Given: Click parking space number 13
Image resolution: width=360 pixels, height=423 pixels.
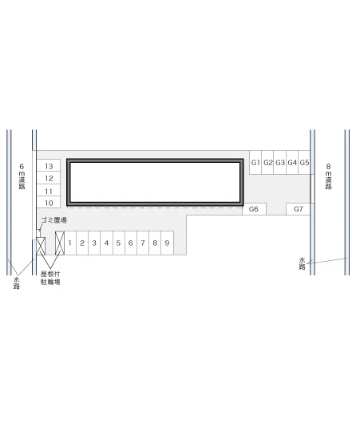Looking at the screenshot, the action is tap(49, 165).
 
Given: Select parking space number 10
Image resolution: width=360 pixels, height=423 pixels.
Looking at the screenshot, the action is tap(49, 203).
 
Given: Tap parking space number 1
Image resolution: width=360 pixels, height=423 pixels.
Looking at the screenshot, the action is tap(70, 243).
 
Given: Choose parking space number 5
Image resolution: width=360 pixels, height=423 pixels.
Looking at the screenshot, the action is tap(119, 243).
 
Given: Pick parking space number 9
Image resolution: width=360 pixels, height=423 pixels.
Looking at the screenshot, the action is tap(168, 243).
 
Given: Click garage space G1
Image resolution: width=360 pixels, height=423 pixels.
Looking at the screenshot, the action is tap(255, 162).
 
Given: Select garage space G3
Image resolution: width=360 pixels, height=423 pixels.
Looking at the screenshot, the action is tap(280, 162).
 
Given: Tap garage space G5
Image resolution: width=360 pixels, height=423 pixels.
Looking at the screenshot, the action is tap(304, 162).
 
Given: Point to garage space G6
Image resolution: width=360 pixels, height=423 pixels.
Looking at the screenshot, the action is tap(254, 209).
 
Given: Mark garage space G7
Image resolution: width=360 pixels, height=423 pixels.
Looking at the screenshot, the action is tap(299, 209).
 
